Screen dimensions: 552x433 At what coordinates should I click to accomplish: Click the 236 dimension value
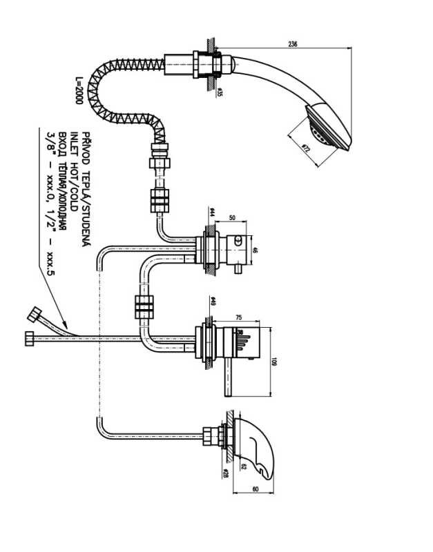tap(292, 45)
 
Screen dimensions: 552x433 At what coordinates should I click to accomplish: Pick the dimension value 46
tap(255, 250)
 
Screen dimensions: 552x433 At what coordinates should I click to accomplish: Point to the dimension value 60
tap(255, 490)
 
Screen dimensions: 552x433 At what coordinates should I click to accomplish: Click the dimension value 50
tap(232, 218)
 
